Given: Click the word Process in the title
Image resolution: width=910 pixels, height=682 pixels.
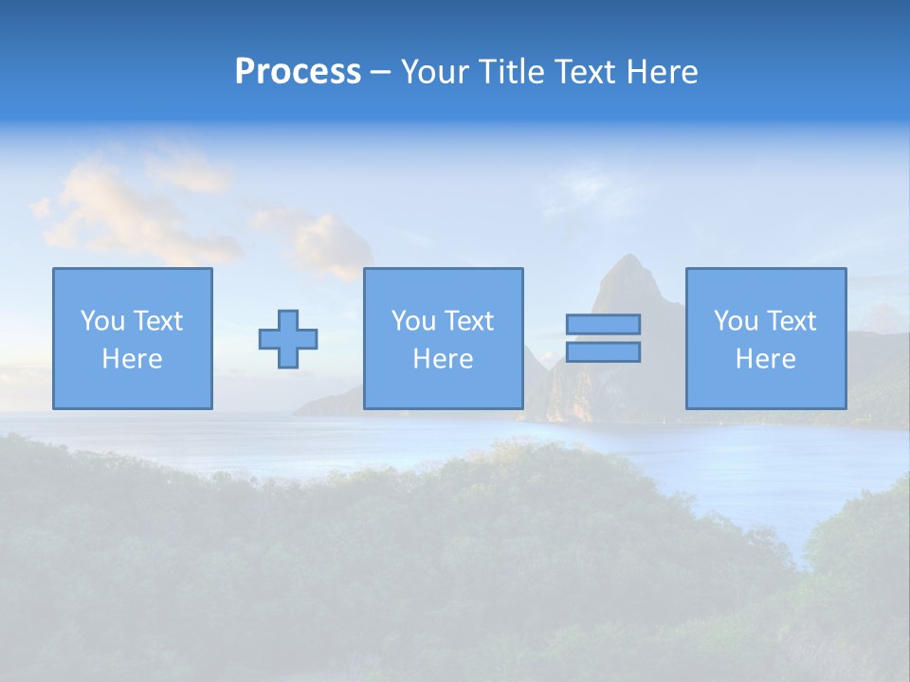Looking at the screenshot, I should coord(298,72).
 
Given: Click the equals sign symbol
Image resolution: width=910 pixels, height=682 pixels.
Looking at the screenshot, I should coord(603,338).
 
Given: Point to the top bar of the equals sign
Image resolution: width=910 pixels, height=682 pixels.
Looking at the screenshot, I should coord(603,325).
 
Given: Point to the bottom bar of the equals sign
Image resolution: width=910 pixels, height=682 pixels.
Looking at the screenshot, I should coord(603,351).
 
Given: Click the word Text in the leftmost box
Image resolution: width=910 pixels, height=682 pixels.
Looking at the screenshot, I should coord(157,321).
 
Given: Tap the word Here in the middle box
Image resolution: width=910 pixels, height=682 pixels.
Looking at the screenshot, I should coord(443,359).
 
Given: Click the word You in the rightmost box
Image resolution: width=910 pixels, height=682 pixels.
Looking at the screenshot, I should coord(736,321).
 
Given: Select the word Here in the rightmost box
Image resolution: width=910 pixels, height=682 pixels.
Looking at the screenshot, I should coord(766,359).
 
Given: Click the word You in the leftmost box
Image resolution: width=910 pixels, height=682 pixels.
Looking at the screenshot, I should coord(102,321).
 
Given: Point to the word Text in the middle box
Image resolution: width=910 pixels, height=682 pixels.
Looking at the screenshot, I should coord(468,321).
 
